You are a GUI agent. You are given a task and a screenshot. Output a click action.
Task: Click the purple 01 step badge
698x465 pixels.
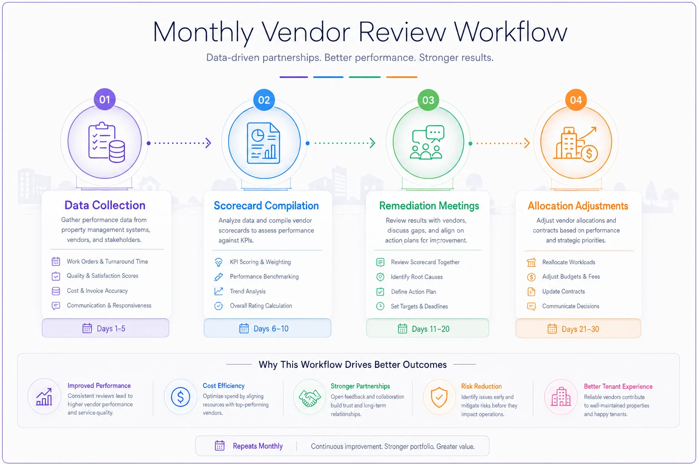[x=105, y=99]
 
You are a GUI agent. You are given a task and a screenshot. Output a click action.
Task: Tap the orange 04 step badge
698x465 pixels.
[x=576, y=100]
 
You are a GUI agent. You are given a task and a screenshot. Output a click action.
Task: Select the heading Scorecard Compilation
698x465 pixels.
[x=266, y=206]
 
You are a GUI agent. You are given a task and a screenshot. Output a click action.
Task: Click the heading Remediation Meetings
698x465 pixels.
[x=429, y=206]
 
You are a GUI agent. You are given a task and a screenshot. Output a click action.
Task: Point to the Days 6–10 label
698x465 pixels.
[x=271, y=329]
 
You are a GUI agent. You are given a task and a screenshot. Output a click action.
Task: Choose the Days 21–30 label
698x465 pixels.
[x=580, y=329]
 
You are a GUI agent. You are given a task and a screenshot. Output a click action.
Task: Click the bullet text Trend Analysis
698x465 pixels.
[x=248, y=291]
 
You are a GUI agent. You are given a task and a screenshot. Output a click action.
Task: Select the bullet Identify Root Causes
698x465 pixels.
[x=417, y=277]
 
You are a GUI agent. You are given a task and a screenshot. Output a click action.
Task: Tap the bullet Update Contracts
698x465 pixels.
[x=563, y=292]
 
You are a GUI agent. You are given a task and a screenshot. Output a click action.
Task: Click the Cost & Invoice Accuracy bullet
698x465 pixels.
[x=97, y=291]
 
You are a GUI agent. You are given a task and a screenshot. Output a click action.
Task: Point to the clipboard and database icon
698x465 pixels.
[x=107, y=142]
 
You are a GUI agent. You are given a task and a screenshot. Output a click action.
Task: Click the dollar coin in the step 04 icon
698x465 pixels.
[x=589, y=153]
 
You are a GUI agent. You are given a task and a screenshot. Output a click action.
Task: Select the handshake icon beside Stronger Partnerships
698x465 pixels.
[x=309, y=397]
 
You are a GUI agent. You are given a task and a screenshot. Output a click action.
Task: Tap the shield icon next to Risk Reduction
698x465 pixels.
[x=439, y=397]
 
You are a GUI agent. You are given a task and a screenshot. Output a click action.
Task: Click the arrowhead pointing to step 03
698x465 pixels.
[x=372, y=143]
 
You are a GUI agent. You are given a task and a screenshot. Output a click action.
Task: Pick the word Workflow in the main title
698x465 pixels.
[x=510, y=32]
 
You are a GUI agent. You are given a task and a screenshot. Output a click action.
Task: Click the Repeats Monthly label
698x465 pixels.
[x=258, y=446]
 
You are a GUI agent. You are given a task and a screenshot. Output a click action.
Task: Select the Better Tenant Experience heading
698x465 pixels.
[x=618, y=386]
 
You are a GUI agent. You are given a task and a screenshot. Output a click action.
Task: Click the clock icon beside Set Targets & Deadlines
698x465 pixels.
[x=380, y=306]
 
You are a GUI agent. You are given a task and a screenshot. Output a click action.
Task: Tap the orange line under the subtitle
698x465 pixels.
[x=402, y=77]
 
